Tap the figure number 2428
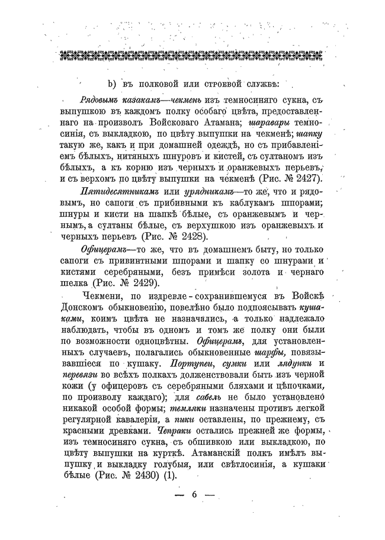click(x=193, y=236)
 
